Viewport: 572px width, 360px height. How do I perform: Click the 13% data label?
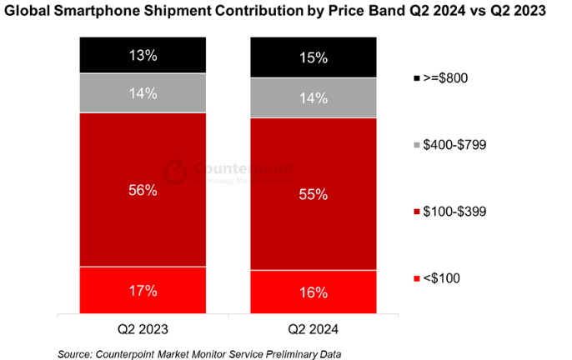tap(142, 56)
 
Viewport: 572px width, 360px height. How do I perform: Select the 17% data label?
tap(142, 292)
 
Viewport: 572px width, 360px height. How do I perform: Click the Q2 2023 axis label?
tap(142, 329)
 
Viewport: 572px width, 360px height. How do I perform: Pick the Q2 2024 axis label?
tap(312, 329)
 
